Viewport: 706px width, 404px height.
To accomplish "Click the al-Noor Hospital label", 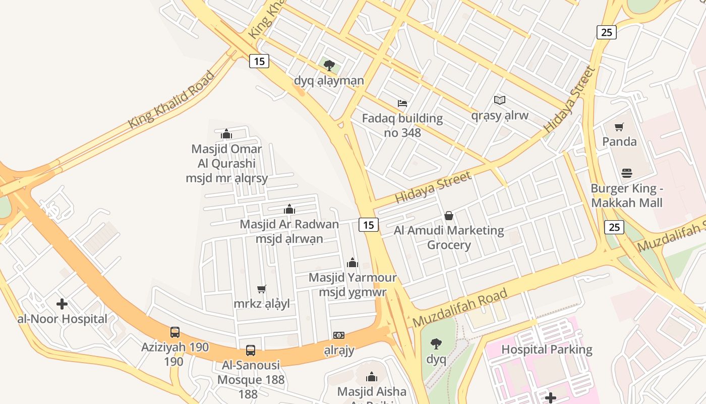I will pyautogui.click(x=62, y=319).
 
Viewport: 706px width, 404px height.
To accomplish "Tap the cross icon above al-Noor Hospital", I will pyautogui.click(x=62, y=304).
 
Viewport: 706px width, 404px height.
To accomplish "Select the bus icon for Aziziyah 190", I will pyautogui.click(x=175, y=332).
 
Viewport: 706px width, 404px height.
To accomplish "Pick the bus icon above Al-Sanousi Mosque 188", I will pyautogui.click(x=251, y=350).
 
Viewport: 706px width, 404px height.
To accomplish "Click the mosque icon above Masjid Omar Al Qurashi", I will pyautogui.click(x=226, y=134).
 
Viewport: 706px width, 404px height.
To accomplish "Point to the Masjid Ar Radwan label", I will pyautogui.click(x=289, y=224).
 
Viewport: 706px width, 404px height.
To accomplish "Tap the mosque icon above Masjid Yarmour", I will pyautogui.click(x=352, y=263).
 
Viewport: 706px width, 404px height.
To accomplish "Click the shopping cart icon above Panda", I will pyautogui.click(x=619, y=127).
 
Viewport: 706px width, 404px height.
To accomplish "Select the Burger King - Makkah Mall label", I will pyautogui.click(x=626, y=195).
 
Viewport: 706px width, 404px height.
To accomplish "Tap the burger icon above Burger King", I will pyautogui.click(x=627, y=173).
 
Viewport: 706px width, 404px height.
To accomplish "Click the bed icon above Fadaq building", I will pyautogui.click(x=402, y=104).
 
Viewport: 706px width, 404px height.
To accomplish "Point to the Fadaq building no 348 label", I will pyautogui.click(x=402, y=125).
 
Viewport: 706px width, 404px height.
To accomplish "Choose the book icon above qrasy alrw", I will pyautogui.click(x=500, y=100).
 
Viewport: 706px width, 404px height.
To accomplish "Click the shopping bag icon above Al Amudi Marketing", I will pyautogui.click(x=449, y=216).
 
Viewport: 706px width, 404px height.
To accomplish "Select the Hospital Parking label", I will pyautogui.click(x=547, y=349).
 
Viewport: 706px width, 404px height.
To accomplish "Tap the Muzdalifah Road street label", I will pyautogui.click(x=460, y=308).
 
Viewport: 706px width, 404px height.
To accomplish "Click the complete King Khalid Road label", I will pyautogui.click(x=171, y=100).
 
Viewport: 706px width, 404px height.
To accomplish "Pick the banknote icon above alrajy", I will pyautogui.click(x=339, y=335).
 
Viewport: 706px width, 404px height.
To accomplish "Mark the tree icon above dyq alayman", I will pyautogui.click(x=329, y=65).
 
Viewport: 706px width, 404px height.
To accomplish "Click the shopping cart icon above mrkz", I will pyautogui.click(x=261, y=289).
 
